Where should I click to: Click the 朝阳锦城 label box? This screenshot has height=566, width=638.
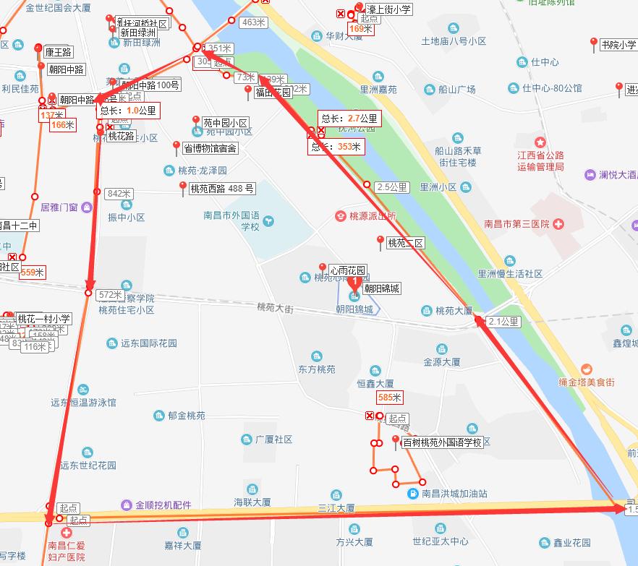(381, 288)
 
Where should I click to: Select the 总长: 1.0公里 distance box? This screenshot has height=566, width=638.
(127, 111)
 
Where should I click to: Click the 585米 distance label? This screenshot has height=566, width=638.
(389, 398)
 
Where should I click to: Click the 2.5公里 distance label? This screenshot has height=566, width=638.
(392, 187)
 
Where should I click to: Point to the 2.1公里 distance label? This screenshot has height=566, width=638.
(503, 322)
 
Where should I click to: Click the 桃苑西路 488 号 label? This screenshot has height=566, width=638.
(222, 189)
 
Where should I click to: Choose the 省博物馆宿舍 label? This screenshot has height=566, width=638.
(210, 149)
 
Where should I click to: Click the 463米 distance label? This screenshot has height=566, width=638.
(254, 22)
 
